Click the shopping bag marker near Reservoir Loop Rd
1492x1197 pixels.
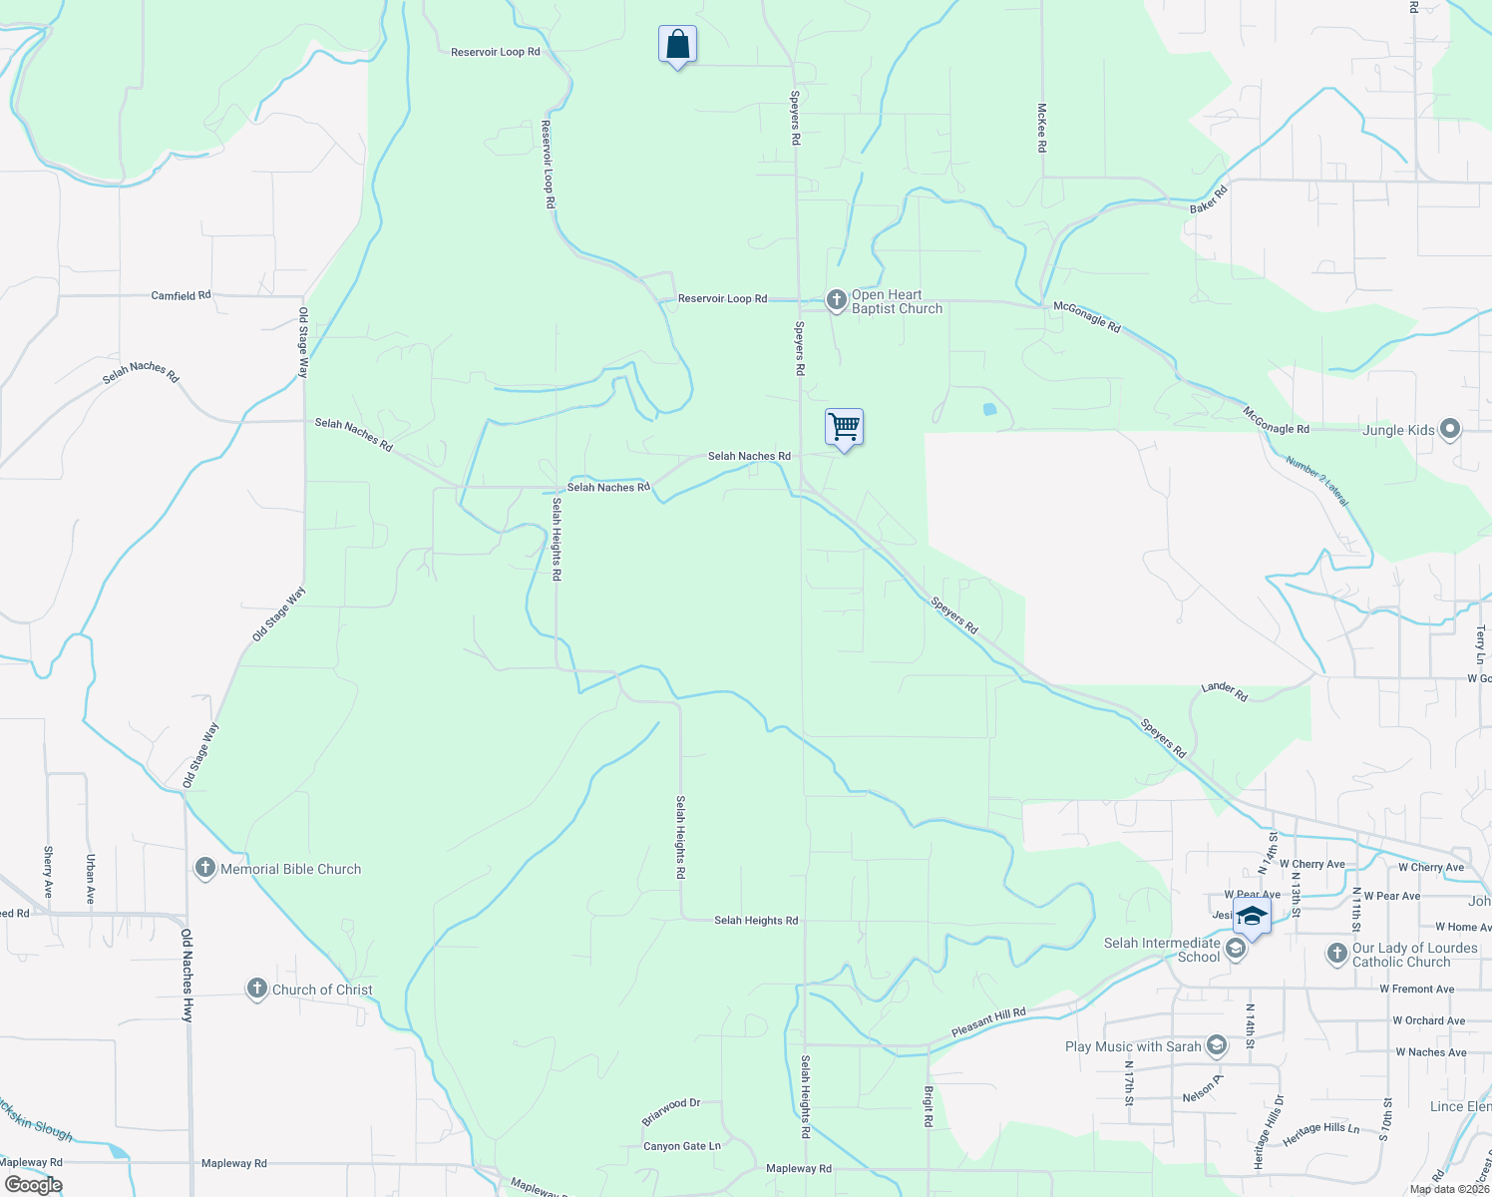coord(677,45)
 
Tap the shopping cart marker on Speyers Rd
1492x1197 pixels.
coord(844,428)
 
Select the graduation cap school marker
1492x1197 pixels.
coord(1252,917)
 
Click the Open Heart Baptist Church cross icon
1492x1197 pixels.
coord(836,298)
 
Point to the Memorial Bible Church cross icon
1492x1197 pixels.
coord(205,869)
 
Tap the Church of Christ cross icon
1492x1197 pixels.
coord(257,990)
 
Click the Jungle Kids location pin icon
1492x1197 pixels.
coord(1451,430)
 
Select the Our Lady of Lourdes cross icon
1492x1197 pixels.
coord(1337,954)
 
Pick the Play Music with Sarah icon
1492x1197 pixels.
coord(1216,1045)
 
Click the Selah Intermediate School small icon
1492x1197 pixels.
coord(1236,949)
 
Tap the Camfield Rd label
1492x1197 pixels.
coord(181,295)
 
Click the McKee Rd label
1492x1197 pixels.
coord(1042,128)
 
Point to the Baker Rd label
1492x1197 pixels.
coord(1208,198)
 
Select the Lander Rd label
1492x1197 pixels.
coord(1225,690)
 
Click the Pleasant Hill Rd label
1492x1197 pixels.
coord(988,1022)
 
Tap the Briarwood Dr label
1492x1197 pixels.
coord(671,1111)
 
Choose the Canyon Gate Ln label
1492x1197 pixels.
coord(682,1146)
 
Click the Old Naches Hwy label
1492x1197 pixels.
coord(186,975)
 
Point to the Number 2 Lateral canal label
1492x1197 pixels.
coord(1316,482)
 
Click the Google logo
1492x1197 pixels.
coord(33,1185)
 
